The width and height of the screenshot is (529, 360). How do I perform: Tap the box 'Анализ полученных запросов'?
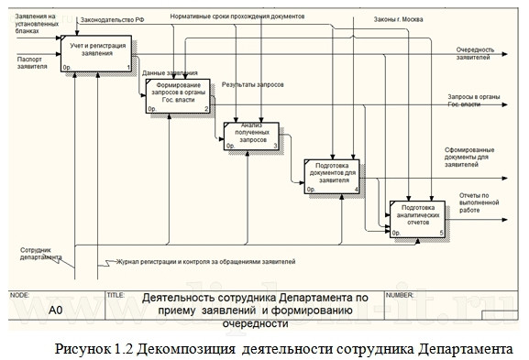[251, 134]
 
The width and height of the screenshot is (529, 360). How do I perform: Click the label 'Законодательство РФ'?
[113, 18]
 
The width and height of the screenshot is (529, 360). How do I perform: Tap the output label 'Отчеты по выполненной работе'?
[478, 202]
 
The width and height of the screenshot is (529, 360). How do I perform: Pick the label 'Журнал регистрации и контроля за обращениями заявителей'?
[205, 263]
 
